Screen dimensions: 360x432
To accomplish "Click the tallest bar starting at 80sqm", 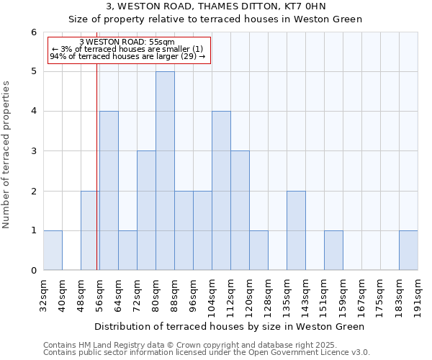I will (165, 171).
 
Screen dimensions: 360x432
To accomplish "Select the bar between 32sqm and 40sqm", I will (53, 251).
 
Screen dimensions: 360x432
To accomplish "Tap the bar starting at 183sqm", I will (408, 251).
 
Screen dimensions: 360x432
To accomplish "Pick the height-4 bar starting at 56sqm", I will (109, 191).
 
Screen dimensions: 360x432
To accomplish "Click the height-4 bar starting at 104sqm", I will (221, 191).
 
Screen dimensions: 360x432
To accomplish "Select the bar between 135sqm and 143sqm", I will (296, 230).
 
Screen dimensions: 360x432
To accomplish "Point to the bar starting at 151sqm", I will (333, 251).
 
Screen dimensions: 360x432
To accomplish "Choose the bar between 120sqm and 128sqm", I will (258, 251).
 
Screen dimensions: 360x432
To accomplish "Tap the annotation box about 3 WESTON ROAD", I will (129, 50).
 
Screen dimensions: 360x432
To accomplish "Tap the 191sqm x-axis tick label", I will (418, 295).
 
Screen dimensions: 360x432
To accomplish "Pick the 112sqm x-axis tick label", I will (231, 295).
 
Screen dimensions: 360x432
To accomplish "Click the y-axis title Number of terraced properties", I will (6, 155).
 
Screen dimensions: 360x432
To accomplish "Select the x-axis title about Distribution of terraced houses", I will (230, 326).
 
